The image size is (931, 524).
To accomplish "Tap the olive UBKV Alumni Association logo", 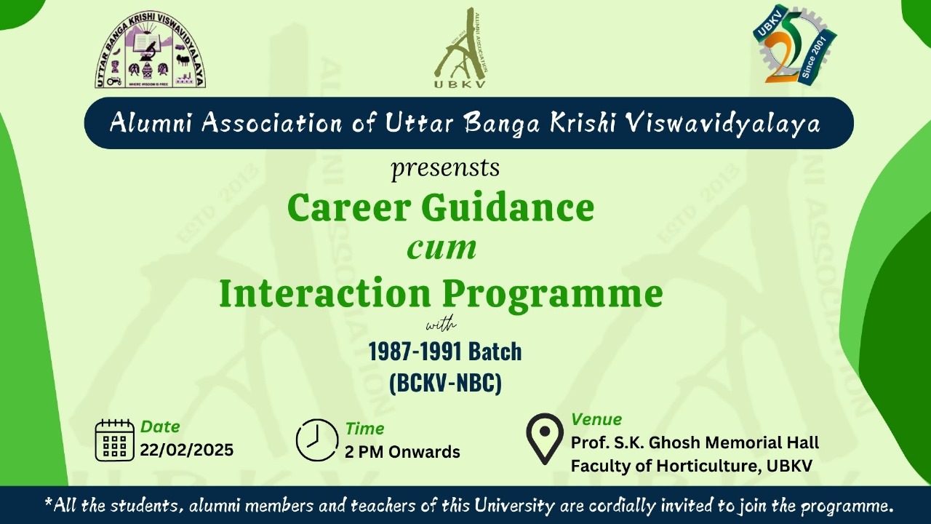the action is (x=460, y=48).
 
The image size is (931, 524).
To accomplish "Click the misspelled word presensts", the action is (x=445, y=168).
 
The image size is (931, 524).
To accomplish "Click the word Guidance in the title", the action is (x=508, y=207).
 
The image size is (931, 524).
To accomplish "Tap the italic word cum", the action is (x=441, y=249).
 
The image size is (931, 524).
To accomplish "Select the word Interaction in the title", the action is (x=325, y=293).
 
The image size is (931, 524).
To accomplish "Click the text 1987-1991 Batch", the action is (x=445, y=352).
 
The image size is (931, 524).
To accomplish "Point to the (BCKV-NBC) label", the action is (x=446, y=383).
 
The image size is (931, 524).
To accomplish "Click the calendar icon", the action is (x=115, y=440).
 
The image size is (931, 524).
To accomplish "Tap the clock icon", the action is (x=316, y=440).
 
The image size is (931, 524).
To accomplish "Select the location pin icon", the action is (x=545, y=438).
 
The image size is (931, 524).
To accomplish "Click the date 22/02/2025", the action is (x=187, y=450).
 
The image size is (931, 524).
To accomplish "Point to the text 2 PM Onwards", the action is (x=402, y=452).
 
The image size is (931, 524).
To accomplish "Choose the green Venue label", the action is (x=596, y=419).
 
